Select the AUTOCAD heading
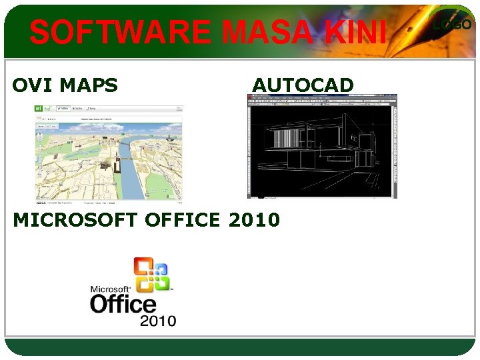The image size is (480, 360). [x=303, y=85]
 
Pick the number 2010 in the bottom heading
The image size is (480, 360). [x=254, y=219]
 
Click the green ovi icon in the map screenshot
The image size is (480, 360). [x=39, y=108]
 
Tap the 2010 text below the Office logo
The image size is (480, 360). [x=157, y=321]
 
